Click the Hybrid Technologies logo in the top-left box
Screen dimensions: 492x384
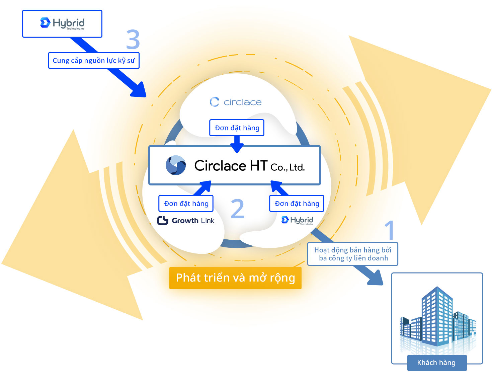pyautogui.click(x=62, y=23)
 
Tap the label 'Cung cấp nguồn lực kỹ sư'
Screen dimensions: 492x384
pyautogui.click(x=94, y=61)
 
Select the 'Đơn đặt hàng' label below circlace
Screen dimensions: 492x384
pyautogui.click(x=237, y=128)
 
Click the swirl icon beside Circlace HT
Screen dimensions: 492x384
pyautogui.click(x=176, y=165)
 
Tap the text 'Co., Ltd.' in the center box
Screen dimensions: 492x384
pyautogui.click(x=288, y=167)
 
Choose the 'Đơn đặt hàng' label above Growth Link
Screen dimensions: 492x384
pyautogui.click(x=186, y=204)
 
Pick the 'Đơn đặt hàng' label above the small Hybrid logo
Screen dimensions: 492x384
pyautogui.click(x=297, y=204)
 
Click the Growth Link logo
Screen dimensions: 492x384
pyautogui.click(x=186, y=220)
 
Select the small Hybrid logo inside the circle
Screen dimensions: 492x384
pyautogui.click(x=297, y=220)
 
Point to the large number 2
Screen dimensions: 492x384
pyautogui.click(x=238, y=209)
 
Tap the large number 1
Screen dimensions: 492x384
pyautogui.click(x=390, y=230)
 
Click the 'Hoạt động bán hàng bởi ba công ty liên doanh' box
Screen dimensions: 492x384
pyautogui.click(x=352, y=254)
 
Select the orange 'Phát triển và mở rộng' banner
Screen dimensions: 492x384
pyautogui.click(x=235, y=278)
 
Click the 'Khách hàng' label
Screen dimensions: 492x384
pyautogui.click(x=436, y=363)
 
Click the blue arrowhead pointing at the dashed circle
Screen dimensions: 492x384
pyautogui.click(x=139, y=90)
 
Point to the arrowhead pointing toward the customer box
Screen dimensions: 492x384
pyautogui.click(x=376, y=278)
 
